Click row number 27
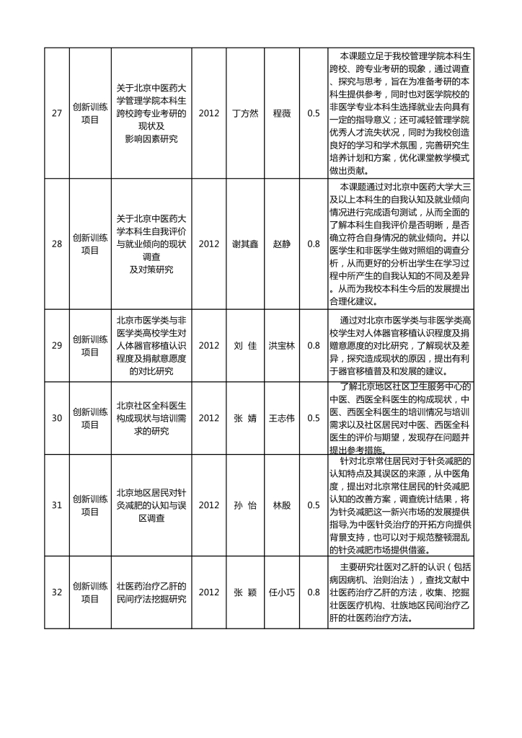point(56,113)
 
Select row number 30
point(56,418)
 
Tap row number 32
point(56,592)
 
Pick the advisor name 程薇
point(282,113)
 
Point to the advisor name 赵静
point(282,244)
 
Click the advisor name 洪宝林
point(282,345)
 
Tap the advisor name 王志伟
point(282,418)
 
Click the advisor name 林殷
point(282,505)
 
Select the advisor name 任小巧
point(282,592)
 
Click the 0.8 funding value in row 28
point(314,244)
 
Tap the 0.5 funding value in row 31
point(314,505)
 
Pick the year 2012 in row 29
point(208,345)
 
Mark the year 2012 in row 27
point(208,113)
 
